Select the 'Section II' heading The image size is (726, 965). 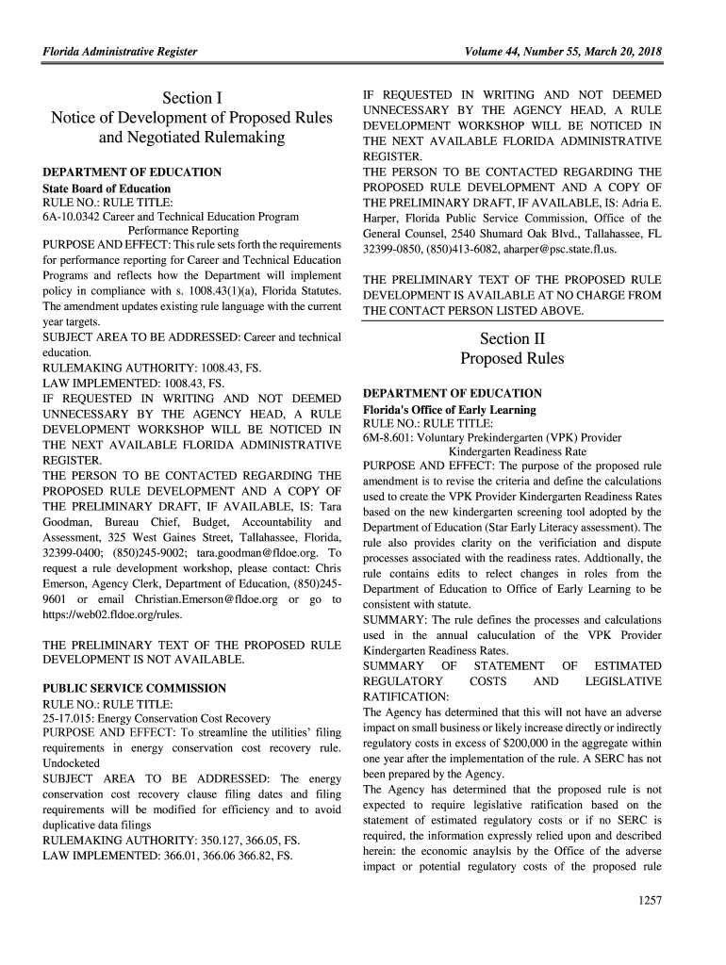(512, 339)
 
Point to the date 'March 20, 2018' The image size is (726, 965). (617, 52)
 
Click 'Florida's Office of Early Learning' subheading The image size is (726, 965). (449, 410)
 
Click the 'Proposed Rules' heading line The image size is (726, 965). (512, 359)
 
